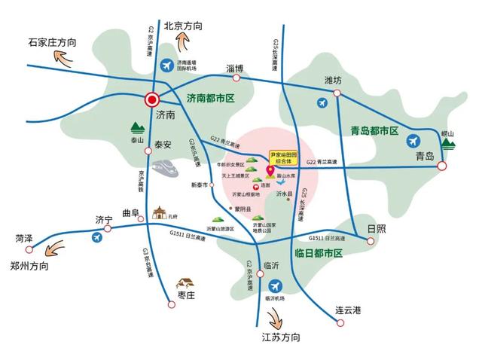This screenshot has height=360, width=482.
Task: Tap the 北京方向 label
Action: [x=178, y=26]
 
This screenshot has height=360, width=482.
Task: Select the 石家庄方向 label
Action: [x=52, y=42]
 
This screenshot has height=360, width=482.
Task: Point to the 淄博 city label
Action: [x=235, y=69]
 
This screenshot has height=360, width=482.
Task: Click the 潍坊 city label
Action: [x=333, y=80]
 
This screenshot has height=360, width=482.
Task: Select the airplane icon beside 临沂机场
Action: [x=276, y=286]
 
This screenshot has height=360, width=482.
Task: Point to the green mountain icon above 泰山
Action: [x=137, y=127]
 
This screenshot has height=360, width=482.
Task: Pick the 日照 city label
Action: [x=376, y=227]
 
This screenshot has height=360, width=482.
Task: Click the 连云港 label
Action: [x=349, y=310]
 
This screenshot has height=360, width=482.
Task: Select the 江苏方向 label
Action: [x=280, y=336]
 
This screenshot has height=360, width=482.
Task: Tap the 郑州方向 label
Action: [x=31, y=266]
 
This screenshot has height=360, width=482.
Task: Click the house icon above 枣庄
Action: [x=185, y=283]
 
